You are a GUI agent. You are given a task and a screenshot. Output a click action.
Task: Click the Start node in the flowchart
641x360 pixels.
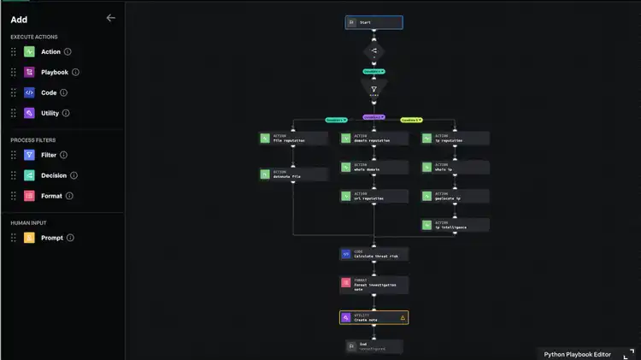[373, 22]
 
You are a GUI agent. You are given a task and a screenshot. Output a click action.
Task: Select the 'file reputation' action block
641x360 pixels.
[293, 138]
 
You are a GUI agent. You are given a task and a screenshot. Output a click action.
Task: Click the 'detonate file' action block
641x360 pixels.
[293, 174]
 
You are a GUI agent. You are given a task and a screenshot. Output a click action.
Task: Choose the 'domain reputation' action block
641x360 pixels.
[373, 138]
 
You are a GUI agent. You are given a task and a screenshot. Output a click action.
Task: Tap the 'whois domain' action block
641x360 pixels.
[373, 168]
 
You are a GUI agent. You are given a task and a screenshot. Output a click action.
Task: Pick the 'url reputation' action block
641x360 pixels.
[373, 197]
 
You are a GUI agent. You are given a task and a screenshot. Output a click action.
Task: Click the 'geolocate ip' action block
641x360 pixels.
[455, 197]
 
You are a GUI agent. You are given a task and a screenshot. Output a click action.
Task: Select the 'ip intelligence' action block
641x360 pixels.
[455, 226]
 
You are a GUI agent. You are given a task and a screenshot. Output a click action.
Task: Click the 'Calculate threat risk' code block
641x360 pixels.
[373, 254]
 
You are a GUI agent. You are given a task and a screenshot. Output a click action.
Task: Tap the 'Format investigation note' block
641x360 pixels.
[373, 284]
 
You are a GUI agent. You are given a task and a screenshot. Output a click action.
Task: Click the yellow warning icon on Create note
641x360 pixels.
[403, 317]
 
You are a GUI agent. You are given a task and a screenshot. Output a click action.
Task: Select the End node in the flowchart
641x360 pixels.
[373, 345]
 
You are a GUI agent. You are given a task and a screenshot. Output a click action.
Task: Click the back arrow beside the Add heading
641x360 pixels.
[110, 18]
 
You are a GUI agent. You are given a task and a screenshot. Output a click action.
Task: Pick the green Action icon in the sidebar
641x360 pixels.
[29, 52]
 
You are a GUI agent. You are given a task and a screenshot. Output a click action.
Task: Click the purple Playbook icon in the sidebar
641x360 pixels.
[29, 73]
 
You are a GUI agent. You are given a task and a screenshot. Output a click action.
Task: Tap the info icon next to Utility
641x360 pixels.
[67, 113]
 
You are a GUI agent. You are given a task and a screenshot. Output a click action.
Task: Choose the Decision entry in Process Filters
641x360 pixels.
[53, 175]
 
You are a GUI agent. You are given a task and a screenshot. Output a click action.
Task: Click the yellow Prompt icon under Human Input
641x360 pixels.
[29, 238]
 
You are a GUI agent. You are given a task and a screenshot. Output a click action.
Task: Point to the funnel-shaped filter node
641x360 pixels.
[373, 89]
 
